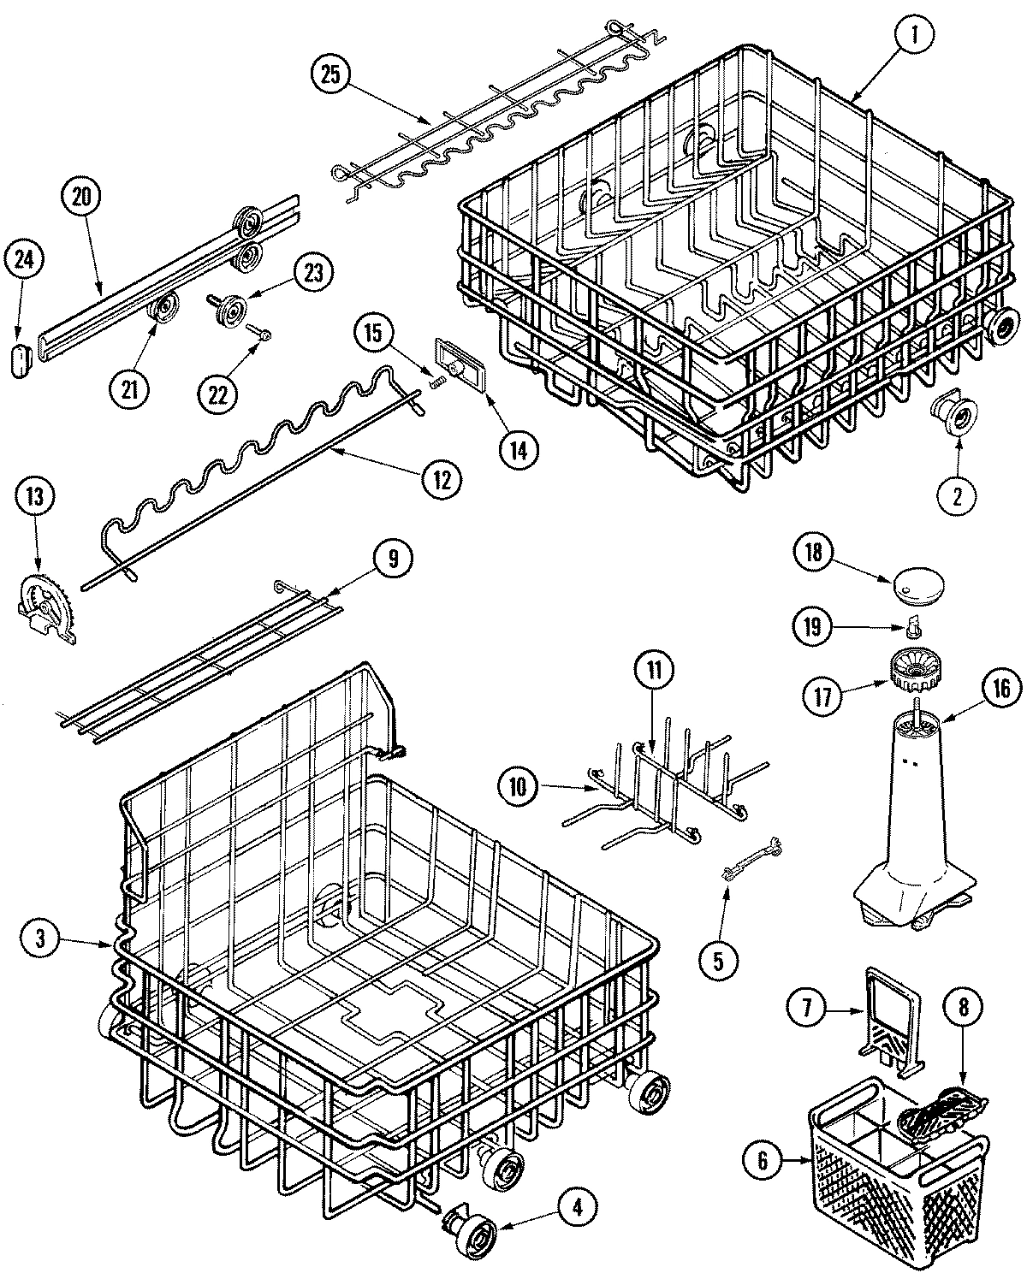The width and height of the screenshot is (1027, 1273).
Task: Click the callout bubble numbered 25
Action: pyautogui.click(x=331, y=75)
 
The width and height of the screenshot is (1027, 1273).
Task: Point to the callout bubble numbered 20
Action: pyautogui.click(x=80, y=197)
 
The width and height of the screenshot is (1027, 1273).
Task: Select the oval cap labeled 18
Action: pyautogui.click(x=915, y=587)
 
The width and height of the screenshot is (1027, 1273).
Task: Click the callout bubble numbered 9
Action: pyautogui.click(x=393, y=559)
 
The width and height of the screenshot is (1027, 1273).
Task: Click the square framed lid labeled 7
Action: pyautogui.click(x=893, y=1015)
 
